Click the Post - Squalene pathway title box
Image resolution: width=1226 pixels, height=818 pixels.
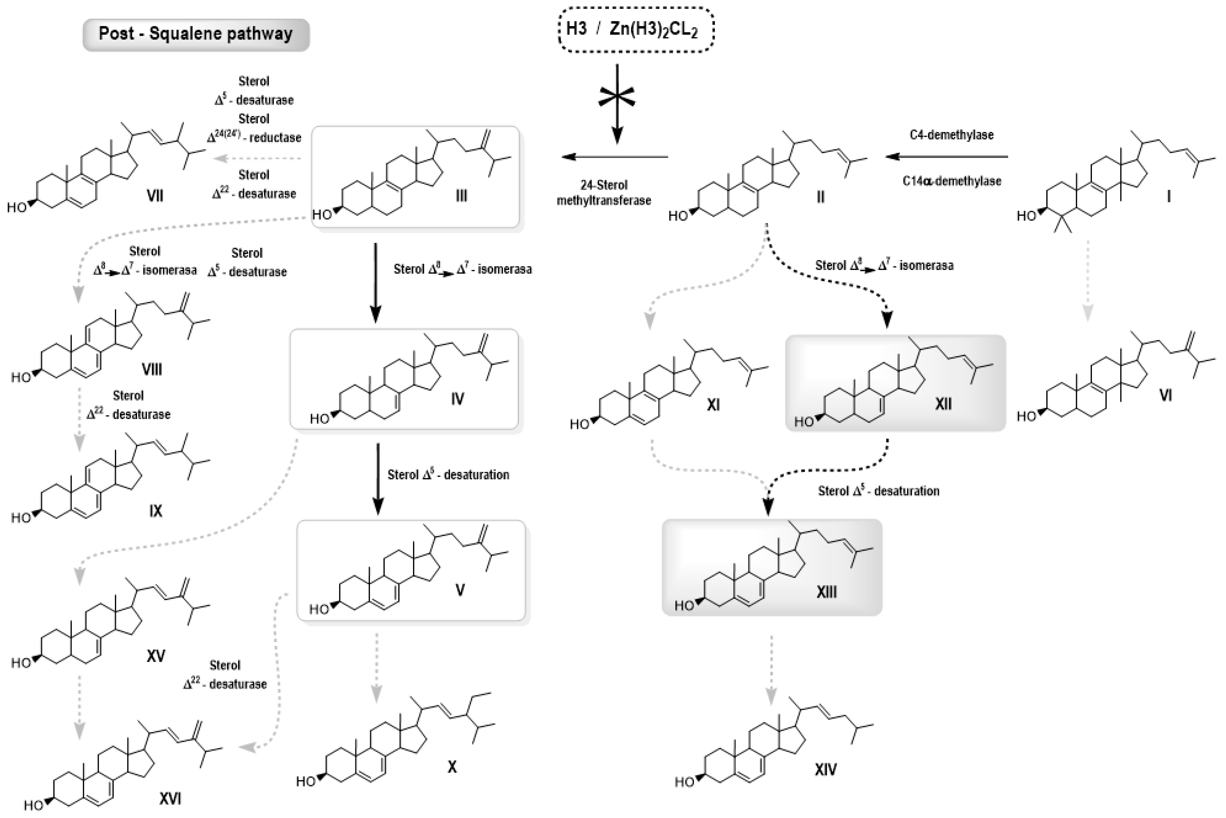coord(196,34)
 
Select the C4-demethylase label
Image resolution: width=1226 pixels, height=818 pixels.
coord(952,135)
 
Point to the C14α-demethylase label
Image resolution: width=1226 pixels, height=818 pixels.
coord(952,181)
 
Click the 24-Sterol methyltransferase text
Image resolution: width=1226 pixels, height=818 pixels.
coord(604,193)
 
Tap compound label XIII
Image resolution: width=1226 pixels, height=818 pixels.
coord(826,592)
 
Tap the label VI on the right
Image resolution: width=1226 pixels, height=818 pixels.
coord(1165,396)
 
